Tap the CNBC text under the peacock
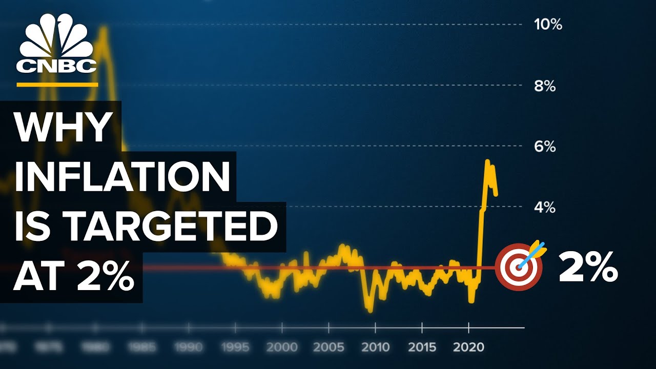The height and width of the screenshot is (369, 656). tap(56, 66)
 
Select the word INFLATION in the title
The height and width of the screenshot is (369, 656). tap(122, 177)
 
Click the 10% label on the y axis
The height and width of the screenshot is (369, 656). tap(548, 25)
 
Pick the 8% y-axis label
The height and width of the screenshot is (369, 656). tap(545, 86)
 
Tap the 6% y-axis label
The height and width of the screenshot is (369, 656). tap(545, 147)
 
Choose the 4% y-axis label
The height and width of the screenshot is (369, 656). tap(545, 208)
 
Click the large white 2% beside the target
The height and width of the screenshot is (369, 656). tap(588, 267)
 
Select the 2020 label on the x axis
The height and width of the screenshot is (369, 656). tap(469, 347)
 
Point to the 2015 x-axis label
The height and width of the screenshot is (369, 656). tap(422, 347)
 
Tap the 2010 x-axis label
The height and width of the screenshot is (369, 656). tap(376, 347)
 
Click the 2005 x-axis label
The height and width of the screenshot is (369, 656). tap(329, 347)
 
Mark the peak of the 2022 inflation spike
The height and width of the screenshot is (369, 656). tap(487, 161)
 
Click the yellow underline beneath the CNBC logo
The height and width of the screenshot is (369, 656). tap(57, 84)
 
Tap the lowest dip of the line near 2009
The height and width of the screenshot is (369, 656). tap(370, 310)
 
